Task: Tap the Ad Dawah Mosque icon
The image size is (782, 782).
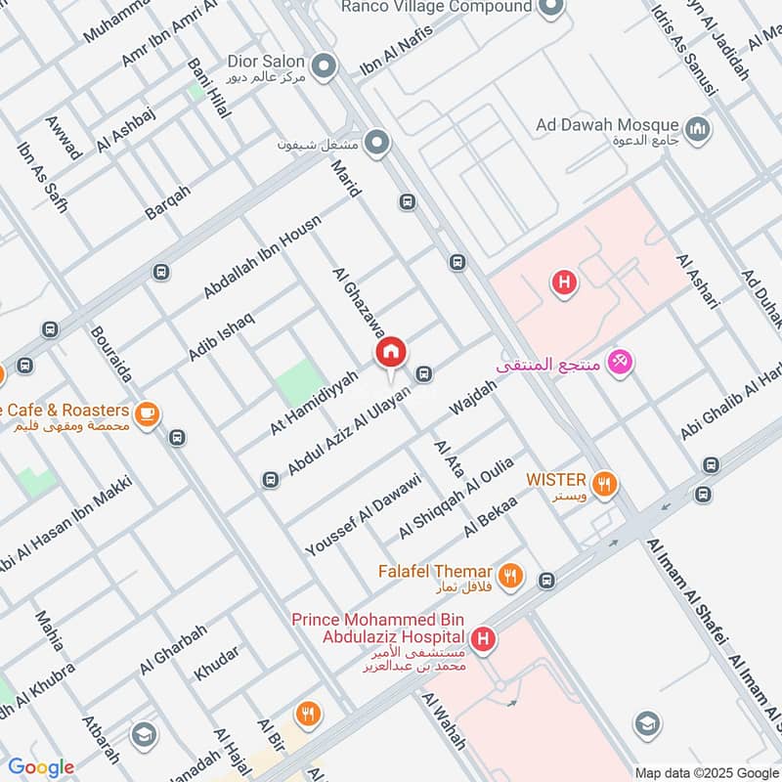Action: point(698,128)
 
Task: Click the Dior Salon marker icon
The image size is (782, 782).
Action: point(325,66)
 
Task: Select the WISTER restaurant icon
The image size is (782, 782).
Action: point(605,481)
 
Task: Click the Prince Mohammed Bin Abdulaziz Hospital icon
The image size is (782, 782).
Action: point(482,641)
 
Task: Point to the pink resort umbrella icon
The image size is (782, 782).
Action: point(619,364)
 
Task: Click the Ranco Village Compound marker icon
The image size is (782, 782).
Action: point(550,8)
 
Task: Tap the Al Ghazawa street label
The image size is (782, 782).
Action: point(359,304)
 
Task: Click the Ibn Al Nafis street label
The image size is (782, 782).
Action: point(396,49)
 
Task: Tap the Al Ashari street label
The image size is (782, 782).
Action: point(698,281)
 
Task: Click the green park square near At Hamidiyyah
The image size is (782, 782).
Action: point(300,382)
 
